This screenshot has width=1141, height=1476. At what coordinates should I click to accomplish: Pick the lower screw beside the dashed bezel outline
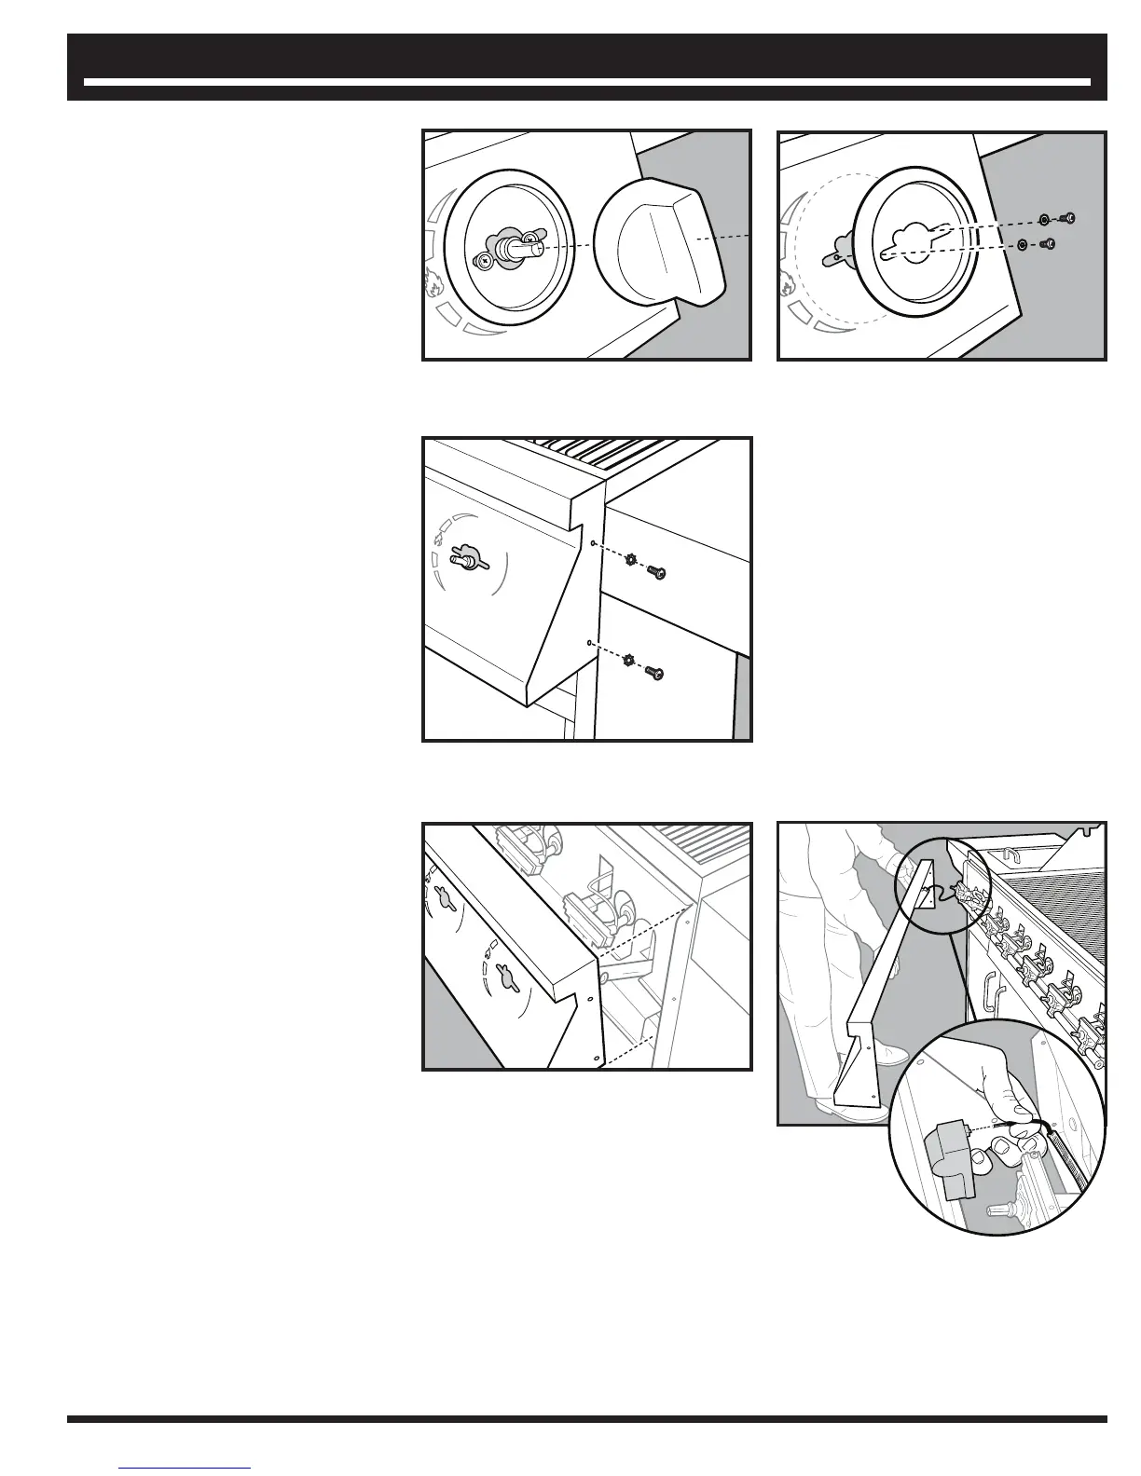tap(1048, 244)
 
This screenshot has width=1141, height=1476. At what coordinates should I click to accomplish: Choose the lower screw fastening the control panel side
tap(657, 672)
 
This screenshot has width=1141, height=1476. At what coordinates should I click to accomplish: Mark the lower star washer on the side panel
tap(629, 661)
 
